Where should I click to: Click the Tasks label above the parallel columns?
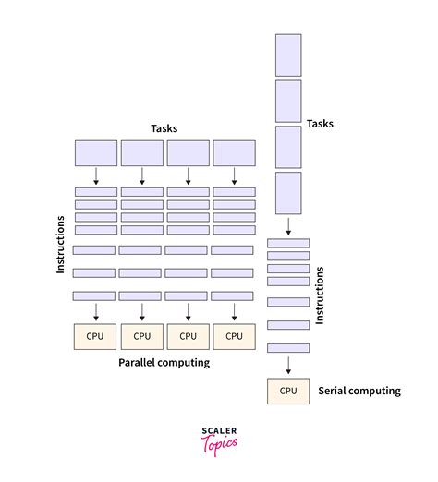tap(164, 128)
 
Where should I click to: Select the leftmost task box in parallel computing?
tap(96, 153)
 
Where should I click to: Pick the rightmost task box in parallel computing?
tap(234, 153)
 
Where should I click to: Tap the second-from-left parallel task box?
tap(142, 153)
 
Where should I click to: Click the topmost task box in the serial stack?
tap(288, 54)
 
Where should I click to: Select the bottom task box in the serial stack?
tap(288, 193)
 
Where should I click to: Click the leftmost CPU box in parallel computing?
tap(95, 336)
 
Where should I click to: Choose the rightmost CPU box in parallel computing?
tap(234, 336)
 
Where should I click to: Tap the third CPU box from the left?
tap(188, 336)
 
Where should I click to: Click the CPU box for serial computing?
tap(288, 391)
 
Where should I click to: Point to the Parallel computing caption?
tap(164, 363)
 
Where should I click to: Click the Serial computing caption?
tap(359, 391)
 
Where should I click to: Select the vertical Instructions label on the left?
tap(61, 244)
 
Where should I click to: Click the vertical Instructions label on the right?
tap(321, 295)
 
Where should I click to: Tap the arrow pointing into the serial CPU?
tap(288, 366)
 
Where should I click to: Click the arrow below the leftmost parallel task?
tap(96, 175)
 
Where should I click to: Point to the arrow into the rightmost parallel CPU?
tap(234, 311)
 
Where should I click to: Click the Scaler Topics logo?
tap(219, 438)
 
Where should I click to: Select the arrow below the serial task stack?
tap(288, 226)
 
